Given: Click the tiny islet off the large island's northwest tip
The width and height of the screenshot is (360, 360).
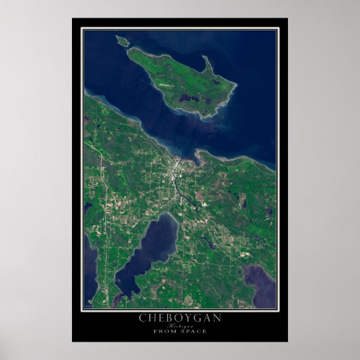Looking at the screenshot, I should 122,41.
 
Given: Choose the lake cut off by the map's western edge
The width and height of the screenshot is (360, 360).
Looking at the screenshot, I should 90,262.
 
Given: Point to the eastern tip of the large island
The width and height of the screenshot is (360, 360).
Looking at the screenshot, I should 235,86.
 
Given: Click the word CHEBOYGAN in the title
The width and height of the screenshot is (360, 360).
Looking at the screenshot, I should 179,318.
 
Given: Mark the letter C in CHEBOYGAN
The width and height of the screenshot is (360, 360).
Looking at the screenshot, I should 143,318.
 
